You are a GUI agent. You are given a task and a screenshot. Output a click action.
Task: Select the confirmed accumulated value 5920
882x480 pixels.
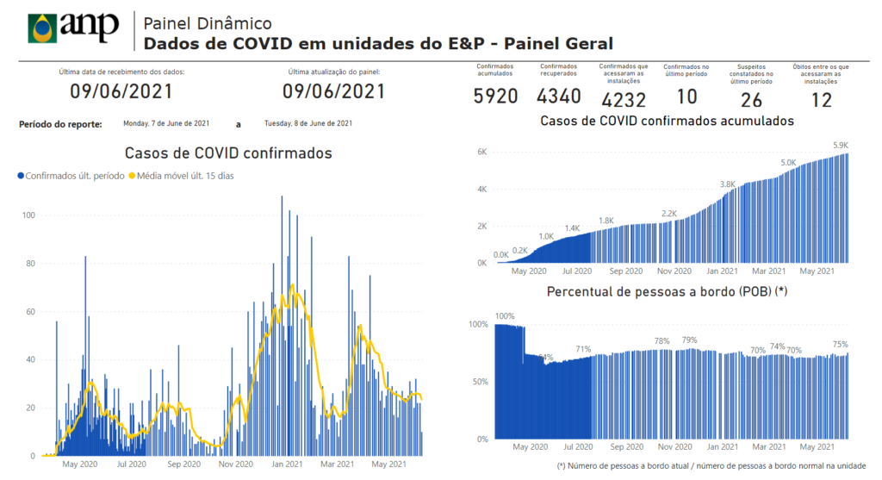click(495, 96)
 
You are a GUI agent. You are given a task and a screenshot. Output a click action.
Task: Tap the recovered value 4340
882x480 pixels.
click(559, 96)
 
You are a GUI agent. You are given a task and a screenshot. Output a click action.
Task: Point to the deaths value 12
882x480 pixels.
click(821, 100)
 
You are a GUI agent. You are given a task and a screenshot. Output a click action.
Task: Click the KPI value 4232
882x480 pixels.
click(624, 100)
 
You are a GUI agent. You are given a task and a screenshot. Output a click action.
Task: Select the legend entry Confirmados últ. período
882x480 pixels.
click(73, 176)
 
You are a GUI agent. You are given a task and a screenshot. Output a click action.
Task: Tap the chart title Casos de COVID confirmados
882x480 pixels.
click(228, 154)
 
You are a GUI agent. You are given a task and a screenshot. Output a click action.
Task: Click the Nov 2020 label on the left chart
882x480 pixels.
click(236, 465)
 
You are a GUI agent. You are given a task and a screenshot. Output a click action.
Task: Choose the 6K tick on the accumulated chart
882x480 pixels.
click(482, 152)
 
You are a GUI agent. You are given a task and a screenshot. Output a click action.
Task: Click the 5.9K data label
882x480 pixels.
click(840, 146)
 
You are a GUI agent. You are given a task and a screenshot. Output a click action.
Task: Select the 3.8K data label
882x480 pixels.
click(727, 184)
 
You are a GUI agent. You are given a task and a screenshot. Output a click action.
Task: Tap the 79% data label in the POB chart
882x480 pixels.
click(689, 340)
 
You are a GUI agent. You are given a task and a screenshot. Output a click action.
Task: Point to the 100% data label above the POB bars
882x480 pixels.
click(504, 316)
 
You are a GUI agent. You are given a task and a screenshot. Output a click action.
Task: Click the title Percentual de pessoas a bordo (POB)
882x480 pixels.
click(667, 292)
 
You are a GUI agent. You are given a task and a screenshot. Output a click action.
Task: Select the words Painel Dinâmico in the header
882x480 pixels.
click(208, 23)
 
